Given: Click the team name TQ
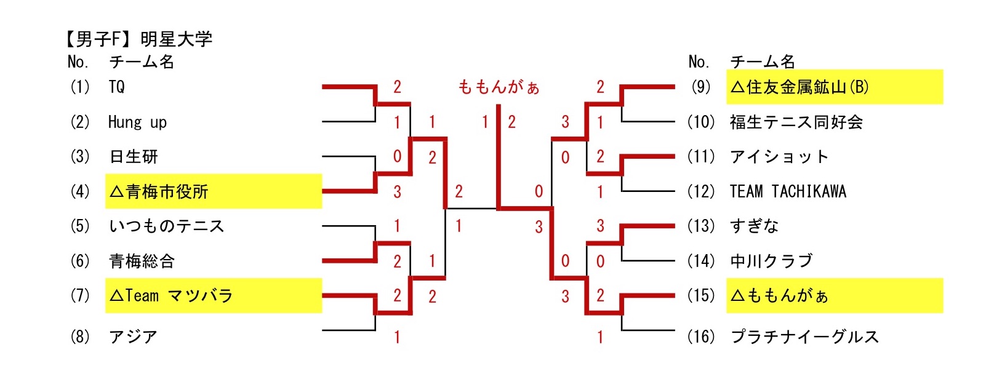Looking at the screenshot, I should coord(116,87).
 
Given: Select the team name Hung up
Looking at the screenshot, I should coord(137,122).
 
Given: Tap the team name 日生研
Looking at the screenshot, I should coord(134,157).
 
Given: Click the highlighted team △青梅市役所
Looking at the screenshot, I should coord(159,192).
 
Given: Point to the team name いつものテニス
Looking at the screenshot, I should coord(166,226).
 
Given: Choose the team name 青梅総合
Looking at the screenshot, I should coord(142,261).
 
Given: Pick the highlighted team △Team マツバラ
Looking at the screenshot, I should coord(171,296).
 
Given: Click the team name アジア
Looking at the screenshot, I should coord(133,337).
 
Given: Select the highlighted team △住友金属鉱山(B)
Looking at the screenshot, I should coord(799,87).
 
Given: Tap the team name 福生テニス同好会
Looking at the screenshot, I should coord(796,122).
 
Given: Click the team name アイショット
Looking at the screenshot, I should coord(779,157).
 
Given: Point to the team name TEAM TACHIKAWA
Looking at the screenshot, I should coord(788,192).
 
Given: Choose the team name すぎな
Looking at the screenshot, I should coord(754,226).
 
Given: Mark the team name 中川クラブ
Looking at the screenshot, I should coord(771,261).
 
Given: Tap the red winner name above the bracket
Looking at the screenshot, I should coord(499,87).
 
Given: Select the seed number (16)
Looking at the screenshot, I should coord(701,337).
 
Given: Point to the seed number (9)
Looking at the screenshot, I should coord(701,87).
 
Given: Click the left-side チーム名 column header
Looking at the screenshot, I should coord(142,62).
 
